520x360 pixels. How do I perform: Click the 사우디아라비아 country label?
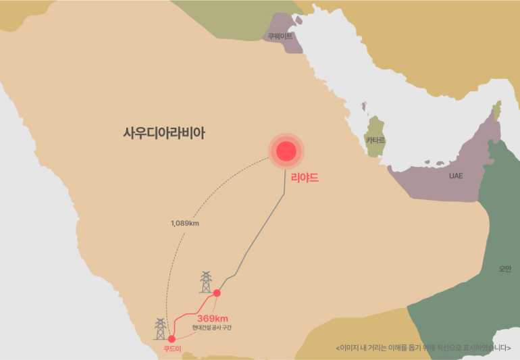[x=164, y=133]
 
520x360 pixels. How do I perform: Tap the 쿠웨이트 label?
[x=280, y=36]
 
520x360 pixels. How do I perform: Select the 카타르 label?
[x=375, y=140]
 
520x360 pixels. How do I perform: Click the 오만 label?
[x=505, y=269]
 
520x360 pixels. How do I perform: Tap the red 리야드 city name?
[x=304, y=179]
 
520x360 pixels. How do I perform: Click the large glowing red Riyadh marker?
[x=286, y=151]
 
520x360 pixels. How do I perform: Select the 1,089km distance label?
[x=185, y=223]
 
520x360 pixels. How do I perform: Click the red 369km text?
[x=213, y=318]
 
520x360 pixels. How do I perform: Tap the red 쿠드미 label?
[x=172, y=349]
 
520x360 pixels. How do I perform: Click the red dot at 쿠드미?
[x=172, y=338]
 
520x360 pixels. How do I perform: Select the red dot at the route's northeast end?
[x=217, y=293]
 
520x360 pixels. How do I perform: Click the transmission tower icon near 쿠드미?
[x=160, y=329]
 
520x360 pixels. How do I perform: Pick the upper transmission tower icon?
[x=205, y=282]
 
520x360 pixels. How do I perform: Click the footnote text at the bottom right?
[x=423, y=348]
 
